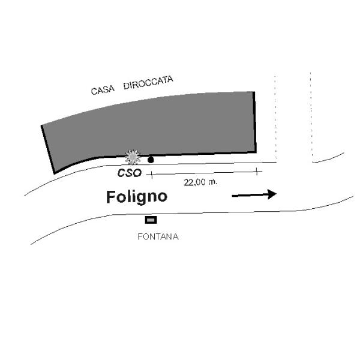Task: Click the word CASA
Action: point(103,91)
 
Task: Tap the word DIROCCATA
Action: point(148,83)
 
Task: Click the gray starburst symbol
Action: point(132,157)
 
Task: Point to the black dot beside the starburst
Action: point(151,160)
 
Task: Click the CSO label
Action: point(129,173)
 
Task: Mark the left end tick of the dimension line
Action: point(151,175)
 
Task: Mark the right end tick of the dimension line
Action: point(257,172)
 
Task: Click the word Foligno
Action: point(137,197)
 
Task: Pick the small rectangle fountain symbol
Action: point(151,220)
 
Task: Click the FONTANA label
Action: point(158,236)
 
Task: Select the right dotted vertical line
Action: point(311,117)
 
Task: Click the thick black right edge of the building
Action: point(255,123)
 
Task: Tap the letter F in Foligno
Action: point(111,197)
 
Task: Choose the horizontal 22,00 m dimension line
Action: point(204,173)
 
